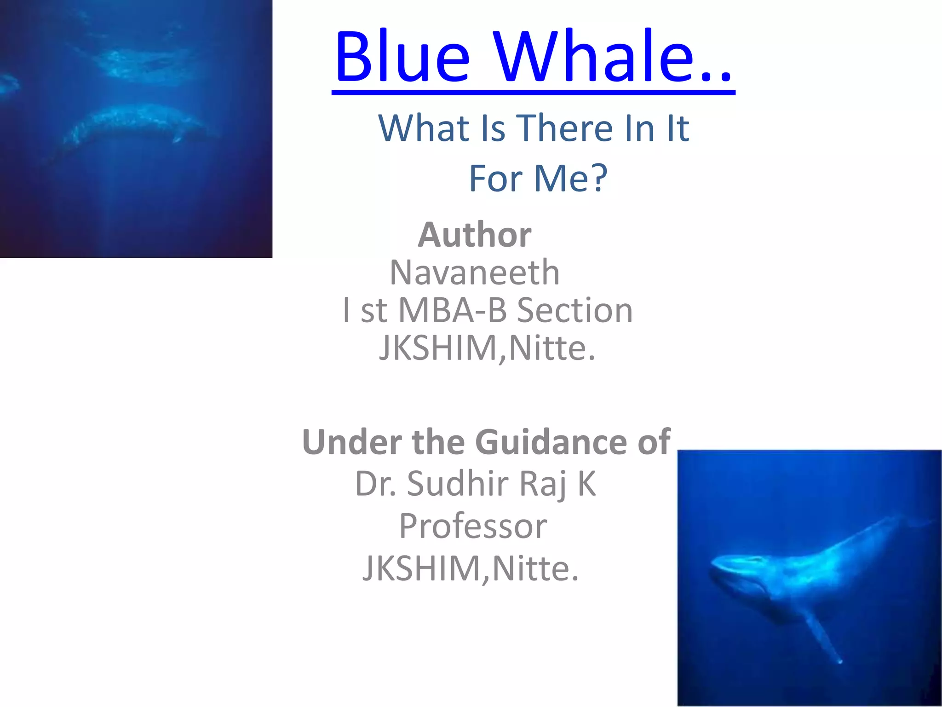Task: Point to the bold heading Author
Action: (474, 235)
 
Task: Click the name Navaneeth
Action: (474, 272)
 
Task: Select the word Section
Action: (575, 310)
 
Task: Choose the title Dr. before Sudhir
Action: (375, 484)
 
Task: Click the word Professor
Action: (473, 526)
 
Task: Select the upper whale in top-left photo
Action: (138, 62)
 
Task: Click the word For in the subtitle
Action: (496, 179)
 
